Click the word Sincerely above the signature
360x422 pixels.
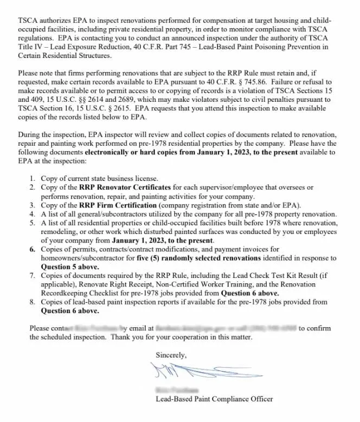coord(171,355)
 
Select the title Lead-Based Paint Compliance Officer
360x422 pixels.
coord(214,399)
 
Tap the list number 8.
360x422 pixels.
coord(33,302)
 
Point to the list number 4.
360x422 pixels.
coord(33,214)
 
